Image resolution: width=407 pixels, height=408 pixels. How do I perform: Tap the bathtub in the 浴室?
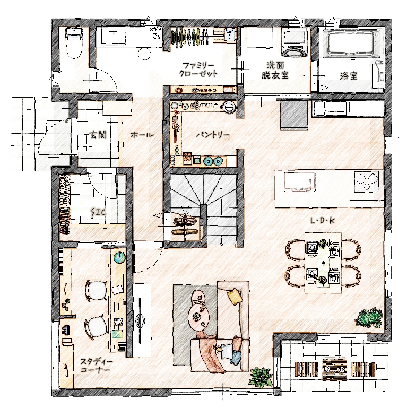(x=351, y=44)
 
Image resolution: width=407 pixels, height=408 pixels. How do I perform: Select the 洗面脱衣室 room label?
(x=275, y=70)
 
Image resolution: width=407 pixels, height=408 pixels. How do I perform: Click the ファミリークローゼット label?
(x=198, y=70)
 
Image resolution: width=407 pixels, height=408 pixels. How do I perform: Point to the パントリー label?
(x=213, y=135)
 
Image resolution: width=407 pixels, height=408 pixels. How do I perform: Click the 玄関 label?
(x=98, y=135)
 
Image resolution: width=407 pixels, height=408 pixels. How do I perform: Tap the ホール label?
(x=142, y=135)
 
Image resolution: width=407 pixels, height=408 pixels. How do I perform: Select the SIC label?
(x=98, y=212)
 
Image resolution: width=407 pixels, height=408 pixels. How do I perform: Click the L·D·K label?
(x=323, y=221)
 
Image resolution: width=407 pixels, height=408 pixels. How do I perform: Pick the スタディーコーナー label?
(x=96, y=366)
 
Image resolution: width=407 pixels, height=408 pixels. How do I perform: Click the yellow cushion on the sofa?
(x=233, y=296)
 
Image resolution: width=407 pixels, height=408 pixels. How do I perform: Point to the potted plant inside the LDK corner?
(x=369, y=318)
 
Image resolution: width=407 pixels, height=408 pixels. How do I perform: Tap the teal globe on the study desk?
(x=119, y=257)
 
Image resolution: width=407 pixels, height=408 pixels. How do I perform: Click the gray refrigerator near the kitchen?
(x=294, y=115)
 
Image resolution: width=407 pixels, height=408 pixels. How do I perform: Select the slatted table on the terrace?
(x=334, y=369)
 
